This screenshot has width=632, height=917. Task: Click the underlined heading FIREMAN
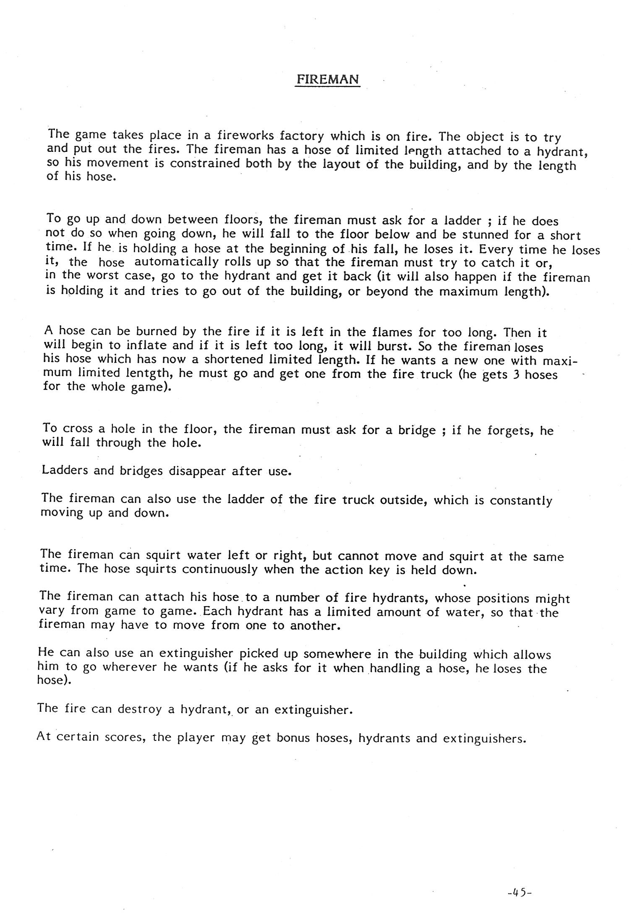tap(328, 79)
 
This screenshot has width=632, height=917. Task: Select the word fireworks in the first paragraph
tap(245, 136)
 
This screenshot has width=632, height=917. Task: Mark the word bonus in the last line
tap(293, 738)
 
